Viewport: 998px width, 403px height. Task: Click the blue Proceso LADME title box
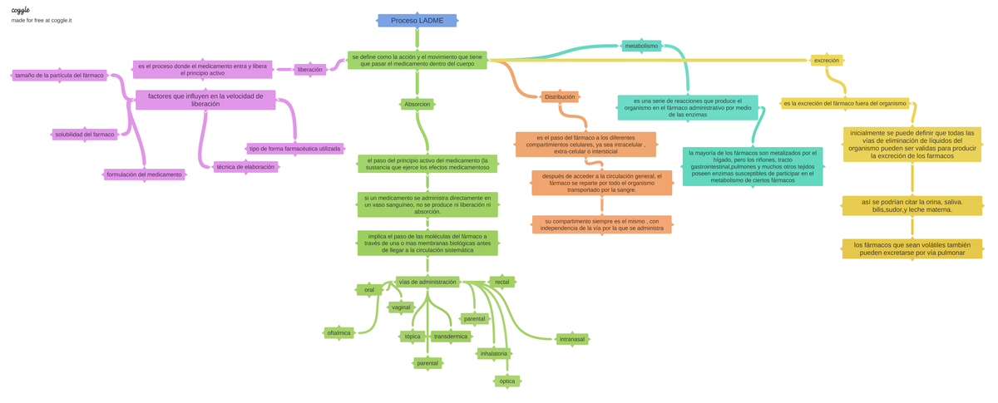click(417, 21)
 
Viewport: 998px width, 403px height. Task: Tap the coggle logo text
click(21, 10)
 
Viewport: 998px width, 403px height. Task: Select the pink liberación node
click(310, 70)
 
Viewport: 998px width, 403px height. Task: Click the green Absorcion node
click(417, 105)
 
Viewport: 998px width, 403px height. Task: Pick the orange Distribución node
click(560, 97)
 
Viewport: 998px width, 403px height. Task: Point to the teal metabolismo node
click(641, 46)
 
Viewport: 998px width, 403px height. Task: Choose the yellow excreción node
click(827, 60)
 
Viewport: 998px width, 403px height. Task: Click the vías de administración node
click(427, 282)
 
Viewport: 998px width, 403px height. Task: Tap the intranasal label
click(572, 339)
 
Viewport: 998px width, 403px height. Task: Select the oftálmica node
click(339, 332)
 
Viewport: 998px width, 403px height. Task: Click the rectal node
click(502, 282)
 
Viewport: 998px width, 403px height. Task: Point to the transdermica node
click(451, 337)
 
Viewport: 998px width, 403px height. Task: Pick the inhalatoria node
click(493, 354)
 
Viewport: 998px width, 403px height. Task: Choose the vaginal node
click(401, 307)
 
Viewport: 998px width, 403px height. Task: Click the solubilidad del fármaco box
click(85, 134)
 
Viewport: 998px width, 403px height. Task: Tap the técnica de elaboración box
click(245, 167)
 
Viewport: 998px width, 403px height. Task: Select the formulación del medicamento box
click(144, 174)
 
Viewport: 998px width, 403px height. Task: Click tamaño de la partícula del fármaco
click(60, 76)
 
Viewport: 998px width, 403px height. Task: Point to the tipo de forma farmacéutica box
click(295, 149)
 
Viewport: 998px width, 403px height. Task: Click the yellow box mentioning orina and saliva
click(912, 205)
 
